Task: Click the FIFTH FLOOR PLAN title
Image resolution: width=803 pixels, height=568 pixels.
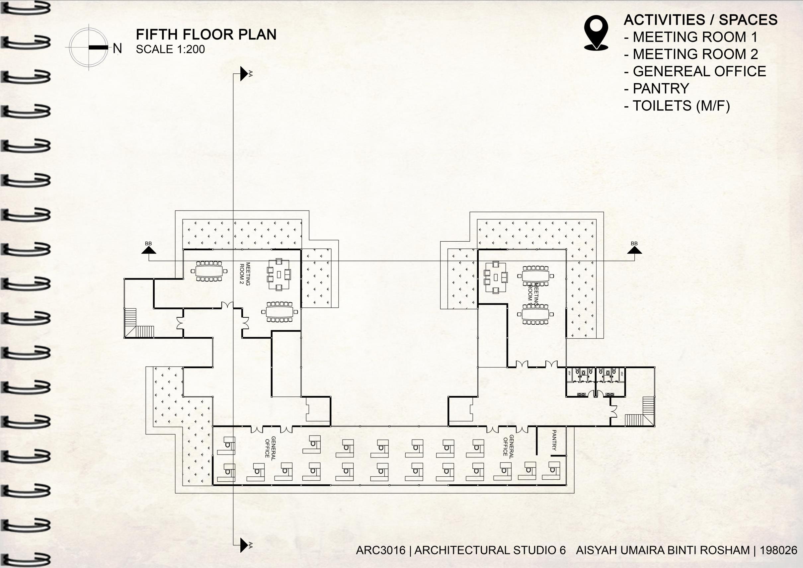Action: [206, 35]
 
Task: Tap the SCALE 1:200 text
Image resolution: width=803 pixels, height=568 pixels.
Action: [170, 49]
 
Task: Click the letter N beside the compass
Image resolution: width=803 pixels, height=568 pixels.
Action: [118, 48]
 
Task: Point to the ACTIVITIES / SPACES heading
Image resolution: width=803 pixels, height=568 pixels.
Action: [700, 20]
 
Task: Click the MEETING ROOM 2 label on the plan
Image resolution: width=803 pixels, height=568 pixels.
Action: [245, 274]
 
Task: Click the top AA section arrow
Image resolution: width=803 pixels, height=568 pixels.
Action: [244, 73]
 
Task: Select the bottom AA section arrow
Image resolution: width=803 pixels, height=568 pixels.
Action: [244, 545]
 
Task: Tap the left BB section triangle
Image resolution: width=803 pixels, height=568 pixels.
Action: [149, 250]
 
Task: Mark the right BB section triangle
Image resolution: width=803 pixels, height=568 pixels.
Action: [634, 250]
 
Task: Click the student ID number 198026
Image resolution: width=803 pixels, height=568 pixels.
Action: [778, 550]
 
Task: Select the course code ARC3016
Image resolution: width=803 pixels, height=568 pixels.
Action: [380, 550]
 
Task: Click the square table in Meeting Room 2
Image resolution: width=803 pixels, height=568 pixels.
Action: [279, 275]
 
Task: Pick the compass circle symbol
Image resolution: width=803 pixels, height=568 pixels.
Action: [89, 47]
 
